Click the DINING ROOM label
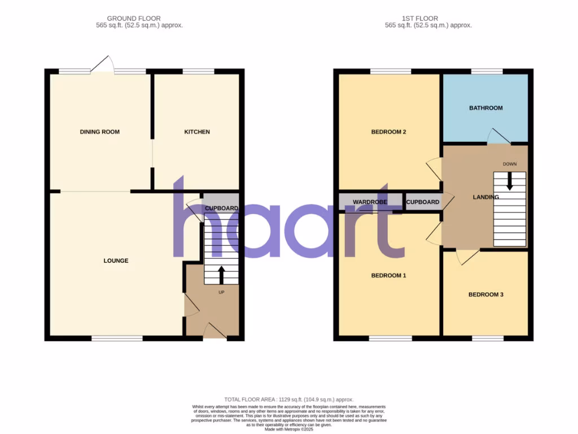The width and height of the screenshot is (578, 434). pyautogui.click(x=99, y=132)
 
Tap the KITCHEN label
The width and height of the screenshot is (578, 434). pyautogui.click(x=197, y=132)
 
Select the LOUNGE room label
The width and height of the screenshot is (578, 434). pyautogui.click(x=116, y=261)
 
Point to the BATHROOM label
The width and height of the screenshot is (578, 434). pyautogui.click(x=485, y=108)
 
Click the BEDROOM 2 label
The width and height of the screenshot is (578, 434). pyautogui.click(x=389, y=132)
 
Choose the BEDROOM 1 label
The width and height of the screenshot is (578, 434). pyautogui.click(x=389, y=276)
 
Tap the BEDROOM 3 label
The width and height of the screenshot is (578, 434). pyautogui.click(x=485, y=294)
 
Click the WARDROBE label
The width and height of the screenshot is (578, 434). pyautogui.click(x=370, y=202)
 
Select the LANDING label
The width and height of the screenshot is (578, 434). pyautogui.click(x=485, y=197)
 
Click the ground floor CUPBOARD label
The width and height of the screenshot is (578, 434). pyautogui.click(x=221, y=208)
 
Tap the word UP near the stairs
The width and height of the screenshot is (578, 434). pyautogui.click(x=221, y=293)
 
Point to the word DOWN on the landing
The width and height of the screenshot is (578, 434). pyautogui.click(x=509, y=164)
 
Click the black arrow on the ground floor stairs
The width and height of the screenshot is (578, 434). pyautogui.click(x=221, y=275)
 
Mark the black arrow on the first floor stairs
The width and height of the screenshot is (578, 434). pyautogui.click(x=509, y=181)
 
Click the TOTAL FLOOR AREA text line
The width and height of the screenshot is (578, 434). pyautogui.click(x=288, y=400)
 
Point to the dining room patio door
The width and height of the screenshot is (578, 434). pyautogui.click(x=103, y=64)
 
